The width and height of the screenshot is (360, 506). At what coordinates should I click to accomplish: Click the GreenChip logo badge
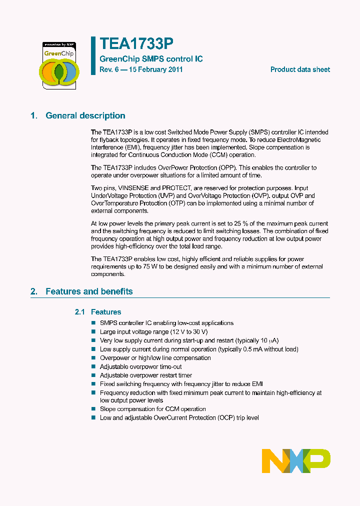click(59, 65)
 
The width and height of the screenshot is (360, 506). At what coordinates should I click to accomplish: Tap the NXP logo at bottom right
click(296, 460)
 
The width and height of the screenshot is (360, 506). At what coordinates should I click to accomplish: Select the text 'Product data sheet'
click(300, 69)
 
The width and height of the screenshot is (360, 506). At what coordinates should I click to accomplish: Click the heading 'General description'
click(85, 115)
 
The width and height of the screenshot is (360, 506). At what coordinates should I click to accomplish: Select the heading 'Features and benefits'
click(89, 291)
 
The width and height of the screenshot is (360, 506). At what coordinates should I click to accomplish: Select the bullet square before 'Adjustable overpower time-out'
click(93, 366)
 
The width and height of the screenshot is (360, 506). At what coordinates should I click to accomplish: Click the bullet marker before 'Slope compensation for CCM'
click(93, 409)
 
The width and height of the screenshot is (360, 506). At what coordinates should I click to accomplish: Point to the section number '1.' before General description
click(33, 115)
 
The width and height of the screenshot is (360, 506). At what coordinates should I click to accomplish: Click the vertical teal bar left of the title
click(93, 55)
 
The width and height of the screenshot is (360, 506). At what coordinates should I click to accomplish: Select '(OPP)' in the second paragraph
click(229, 167)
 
